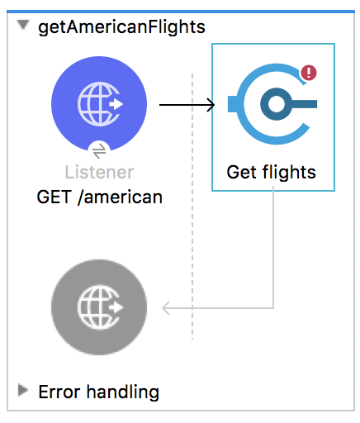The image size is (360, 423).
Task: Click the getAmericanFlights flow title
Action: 121,27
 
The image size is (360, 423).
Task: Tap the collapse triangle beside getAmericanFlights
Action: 23,25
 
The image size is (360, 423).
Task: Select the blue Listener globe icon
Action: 99,104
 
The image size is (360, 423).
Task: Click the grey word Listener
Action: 99,173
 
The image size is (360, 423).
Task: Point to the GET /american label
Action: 100,197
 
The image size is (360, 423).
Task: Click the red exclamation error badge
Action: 309,73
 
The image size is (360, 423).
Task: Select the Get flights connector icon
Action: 272,104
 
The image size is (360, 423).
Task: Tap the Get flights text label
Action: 271,173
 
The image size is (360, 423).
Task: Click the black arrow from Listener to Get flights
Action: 187,105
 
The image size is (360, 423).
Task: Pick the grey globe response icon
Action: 99,307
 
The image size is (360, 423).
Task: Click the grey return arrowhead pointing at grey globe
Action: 166,308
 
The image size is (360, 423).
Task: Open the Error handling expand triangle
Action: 23,390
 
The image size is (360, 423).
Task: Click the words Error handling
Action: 98,392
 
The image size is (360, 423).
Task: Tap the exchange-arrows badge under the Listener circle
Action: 99,151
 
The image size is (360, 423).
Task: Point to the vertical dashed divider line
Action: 192,207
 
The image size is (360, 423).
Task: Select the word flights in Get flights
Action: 289,173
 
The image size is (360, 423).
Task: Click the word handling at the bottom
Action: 123,392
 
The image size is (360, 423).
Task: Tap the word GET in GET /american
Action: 54,197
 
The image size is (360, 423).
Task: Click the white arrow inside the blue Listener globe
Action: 116,104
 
